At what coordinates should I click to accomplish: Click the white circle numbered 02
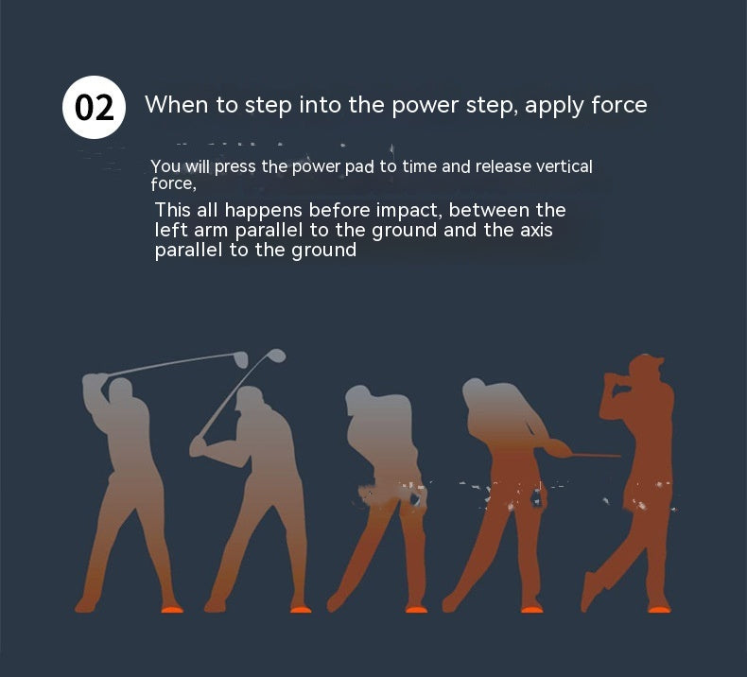[x=94, y=107]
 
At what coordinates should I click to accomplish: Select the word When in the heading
[x=176, y=104]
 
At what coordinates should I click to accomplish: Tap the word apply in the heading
[x=554, y=106]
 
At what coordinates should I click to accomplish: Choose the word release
[x=503, y=166]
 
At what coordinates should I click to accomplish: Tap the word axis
[x=536, y=230]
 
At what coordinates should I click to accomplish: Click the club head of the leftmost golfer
[x=241, y=359]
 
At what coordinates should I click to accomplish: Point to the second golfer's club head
[x=276, y=356]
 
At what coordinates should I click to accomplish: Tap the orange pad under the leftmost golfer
[x=172, y=608]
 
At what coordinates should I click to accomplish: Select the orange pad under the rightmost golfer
[x=659, y=608]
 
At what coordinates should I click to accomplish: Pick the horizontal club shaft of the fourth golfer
[x=596, y=456]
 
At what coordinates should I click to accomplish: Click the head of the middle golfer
[x=357, y=399]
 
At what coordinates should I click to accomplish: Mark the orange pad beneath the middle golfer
[x=416, y=608]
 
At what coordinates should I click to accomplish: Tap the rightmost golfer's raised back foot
[x=591, y=591]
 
